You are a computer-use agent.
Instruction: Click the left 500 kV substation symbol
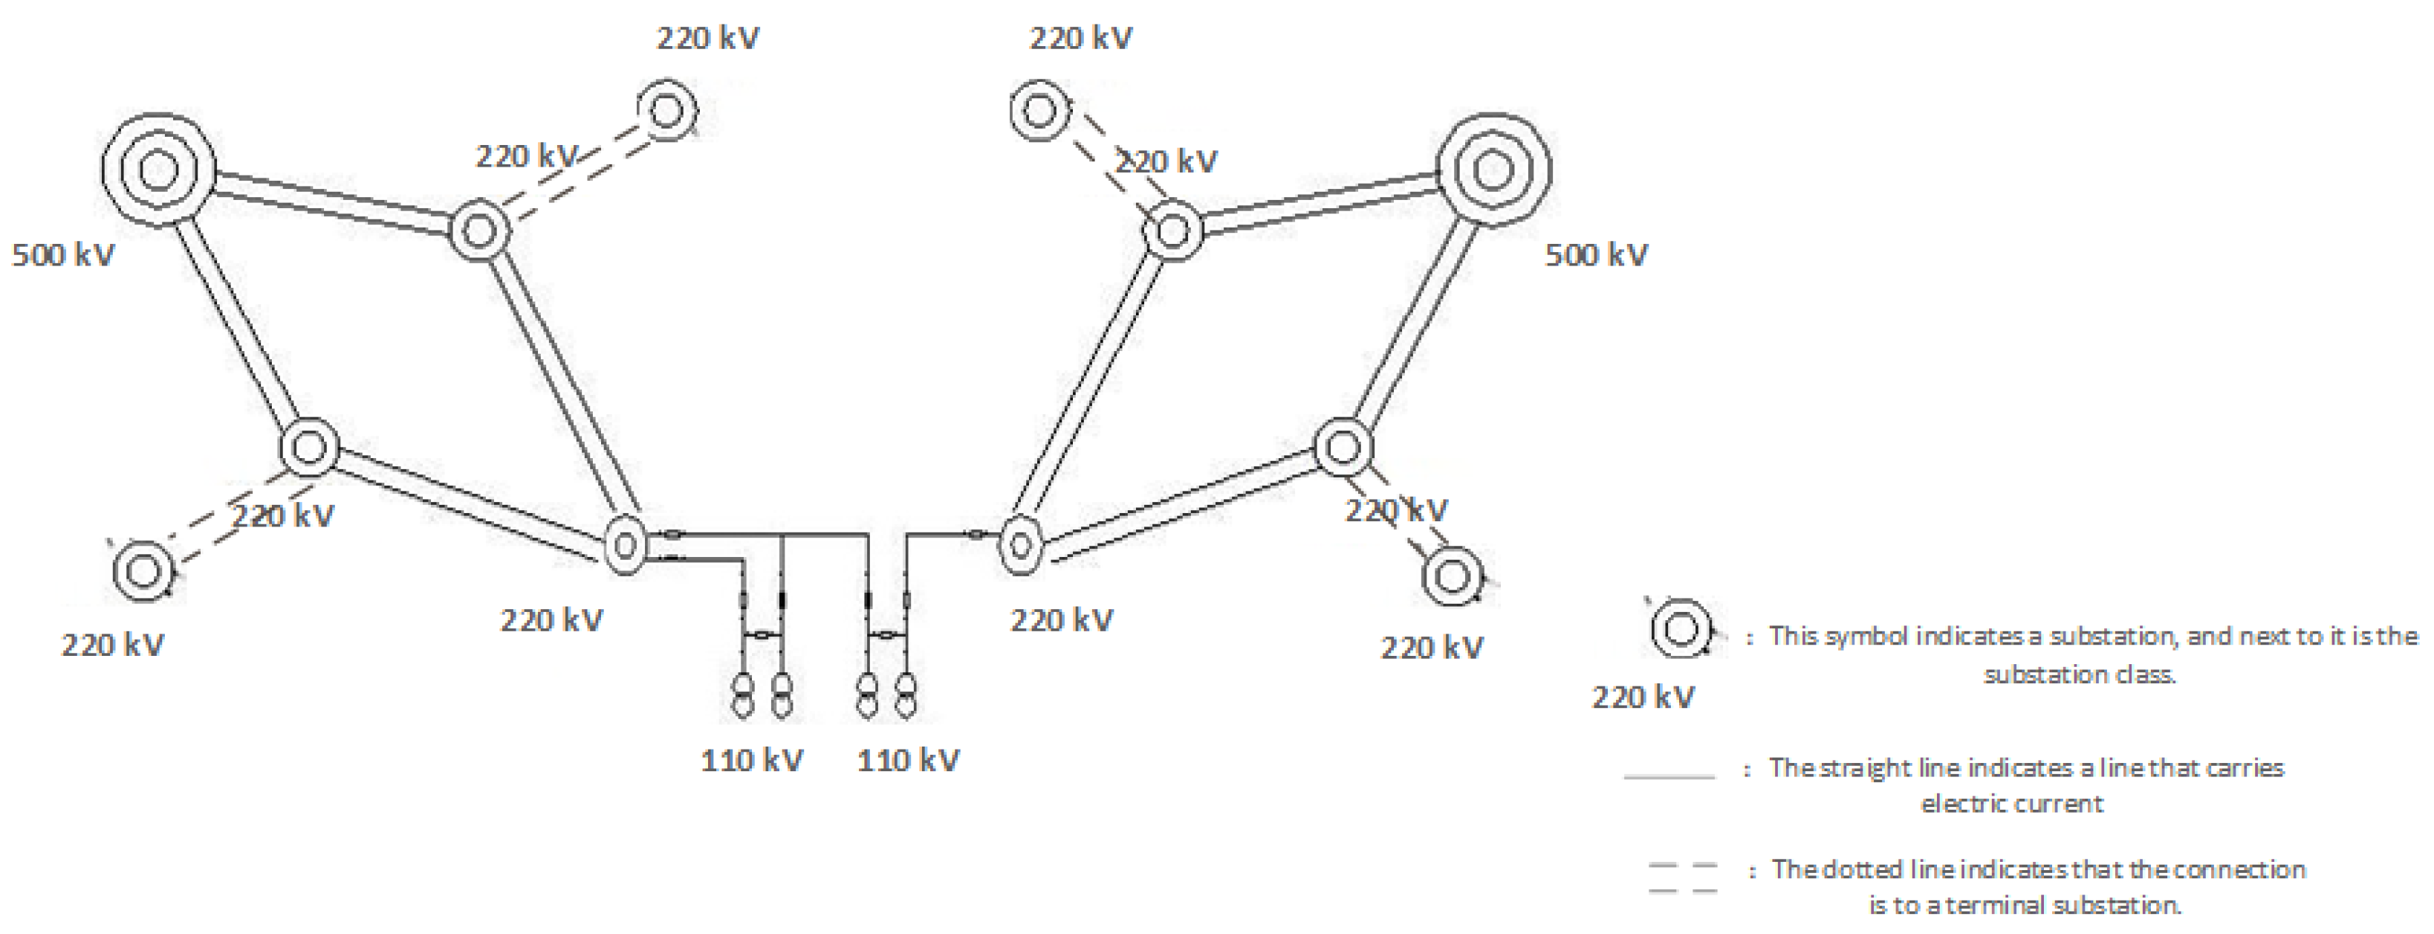(x=158, y=170)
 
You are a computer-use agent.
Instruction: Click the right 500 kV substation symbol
(x=1493, y=170)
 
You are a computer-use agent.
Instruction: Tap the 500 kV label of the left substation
(x=63, y=254)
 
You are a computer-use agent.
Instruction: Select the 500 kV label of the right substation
(x=1596, y=254)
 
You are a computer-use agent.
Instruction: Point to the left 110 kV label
(x=752, y=760)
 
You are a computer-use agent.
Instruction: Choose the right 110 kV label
(x=908, y=760)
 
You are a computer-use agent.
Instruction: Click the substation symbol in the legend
(x=1680, y=628)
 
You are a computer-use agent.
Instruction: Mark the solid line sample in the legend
(x=1669, y=777)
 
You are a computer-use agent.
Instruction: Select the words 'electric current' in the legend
(x=2012, y=804)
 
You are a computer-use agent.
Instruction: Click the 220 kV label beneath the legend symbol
(x=1643, y=698)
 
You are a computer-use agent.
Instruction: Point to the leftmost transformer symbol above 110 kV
(x=744, y=695)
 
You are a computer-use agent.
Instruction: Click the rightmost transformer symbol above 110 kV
(x=905, y=695)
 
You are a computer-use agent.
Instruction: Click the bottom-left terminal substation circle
(x=143, y=571)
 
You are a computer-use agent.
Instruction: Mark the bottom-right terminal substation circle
(x=1453, y=576)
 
